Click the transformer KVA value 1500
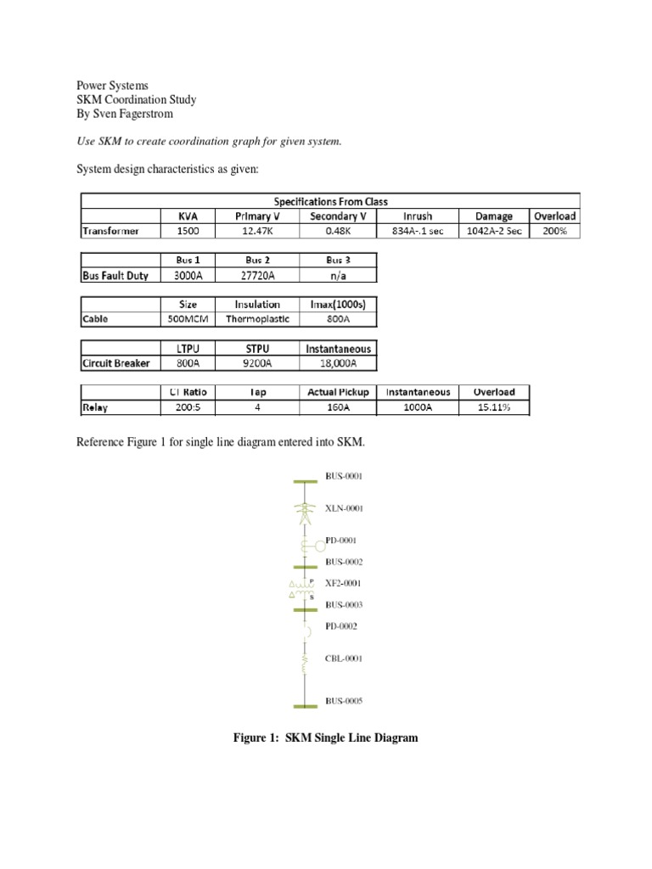click(x=188, y=230)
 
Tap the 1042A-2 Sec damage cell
click(x=494, y=230)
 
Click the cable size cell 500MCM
click(x=188, y=319)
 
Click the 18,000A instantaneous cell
click(x=337, y=364)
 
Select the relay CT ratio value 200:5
click(x=188, y=408)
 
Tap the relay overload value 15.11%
click(x=494, y=408)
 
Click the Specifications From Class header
click(x=329, y=201)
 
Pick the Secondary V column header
click(x=337, y=216)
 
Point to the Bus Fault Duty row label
click(x=115, y=275)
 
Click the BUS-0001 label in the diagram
click(x=344, y=477)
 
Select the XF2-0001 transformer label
click(x=344, y=583)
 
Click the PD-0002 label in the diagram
click(x=342, y=626)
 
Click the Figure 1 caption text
click(x=326, y=738)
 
